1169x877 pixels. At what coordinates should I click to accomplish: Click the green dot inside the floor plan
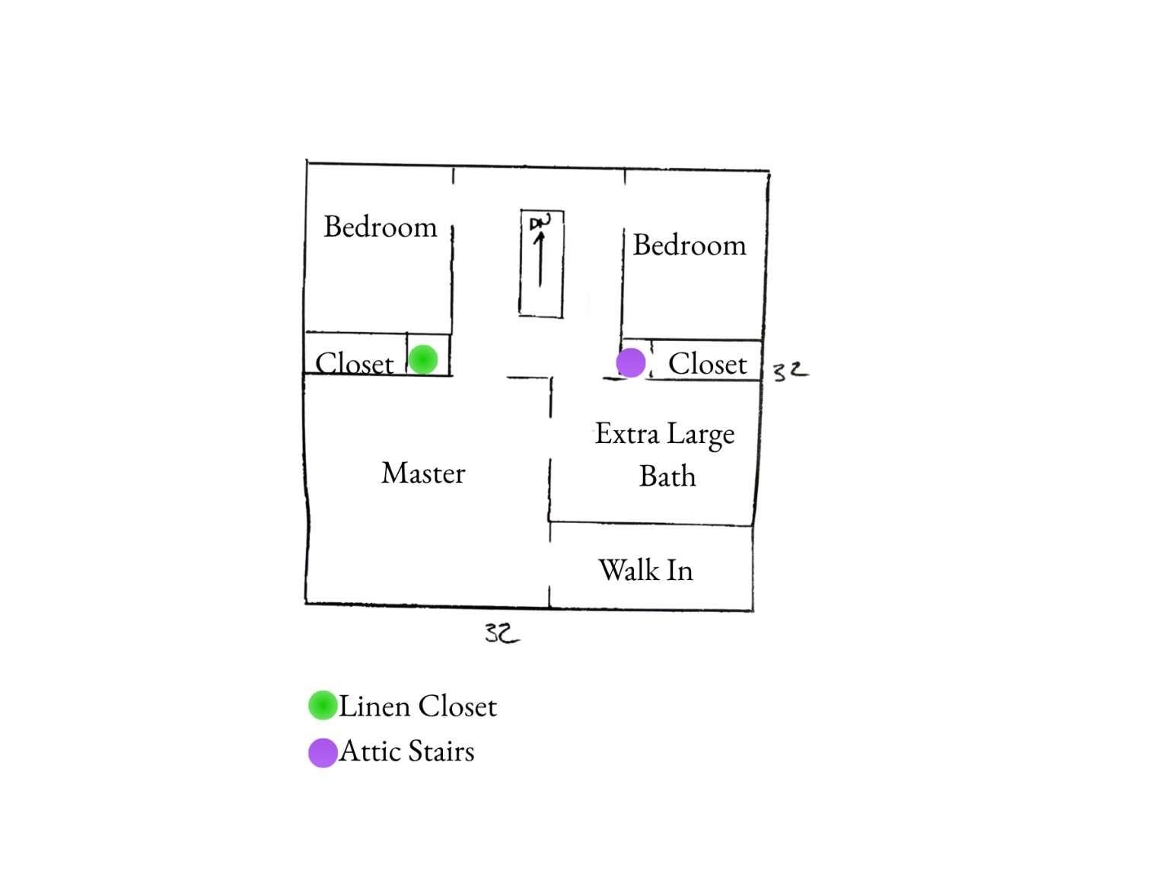[x=423, y=360]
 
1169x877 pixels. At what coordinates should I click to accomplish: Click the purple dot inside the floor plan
[x=631, y=363]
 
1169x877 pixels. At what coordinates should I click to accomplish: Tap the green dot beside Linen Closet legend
[x=323, y=706]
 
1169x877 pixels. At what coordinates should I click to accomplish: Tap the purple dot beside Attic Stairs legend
[x=323, y=753]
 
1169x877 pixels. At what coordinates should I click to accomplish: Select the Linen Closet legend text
[x=418, y=706]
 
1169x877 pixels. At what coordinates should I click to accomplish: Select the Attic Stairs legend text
[x=407, y=751]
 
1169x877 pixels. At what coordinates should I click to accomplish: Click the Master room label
[x=423, y=473]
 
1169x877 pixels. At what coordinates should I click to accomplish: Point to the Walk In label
[x=646, y=570]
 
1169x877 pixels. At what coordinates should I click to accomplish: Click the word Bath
[x=667, y=476]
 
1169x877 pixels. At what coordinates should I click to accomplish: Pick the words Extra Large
[x=664, y=435]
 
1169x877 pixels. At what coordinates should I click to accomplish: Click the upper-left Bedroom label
[x=381, y=227]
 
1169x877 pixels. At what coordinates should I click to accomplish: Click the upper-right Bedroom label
[x=690, y=245]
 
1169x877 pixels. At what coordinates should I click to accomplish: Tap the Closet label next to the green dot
[x=354, y=364]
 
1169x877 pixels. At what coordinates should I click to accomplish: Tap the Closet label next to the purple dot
[x=708, y=364]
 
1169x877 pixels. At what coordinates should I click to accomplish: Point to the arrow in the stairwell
[x=540, y=259]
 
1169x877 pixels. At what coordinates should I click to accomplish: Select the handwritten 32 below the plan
[x=502, y=633]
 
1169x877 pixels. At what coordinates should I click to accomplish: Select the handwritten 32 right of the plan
[x=790, y=371]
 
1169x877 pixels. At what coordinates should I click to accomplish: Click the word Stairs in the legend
[x=441, y=751]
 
